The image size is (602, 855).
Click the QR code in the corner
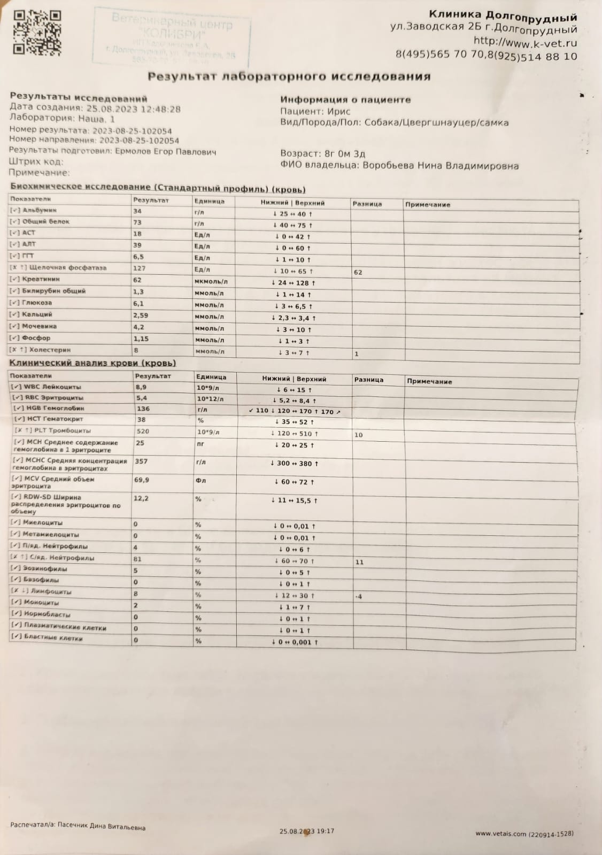(36, 33)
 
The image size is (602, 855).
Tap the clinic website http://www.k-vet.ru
(525, 42)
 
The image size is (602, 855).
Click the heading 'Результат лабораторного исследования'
(289, 76)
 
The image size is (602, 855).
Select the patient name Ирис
(339, 111)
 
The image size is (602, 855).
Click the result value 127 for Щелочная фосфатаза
(140, 268)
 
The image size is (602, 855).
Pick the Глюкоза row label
(37, 303)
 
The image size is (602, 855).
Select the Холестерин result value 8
(136, 350)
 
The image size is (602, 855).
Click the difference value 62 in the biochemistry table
(358, 272)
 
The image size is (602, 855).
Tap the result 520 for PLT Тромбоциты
(143, 431)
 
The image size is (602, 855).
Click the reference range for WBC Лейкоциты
(294, 390)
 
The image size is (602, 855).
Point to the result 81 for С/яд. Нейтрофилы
(138, 559)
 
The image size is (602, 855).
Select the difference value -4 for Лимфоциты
(358, 596)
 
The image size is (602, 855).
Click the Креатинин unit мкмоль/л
(211, 282)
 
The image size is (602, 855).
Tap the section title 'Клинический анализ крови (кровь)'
(92, 363)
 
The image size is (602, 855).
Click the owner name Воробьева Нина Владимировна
(441, 166)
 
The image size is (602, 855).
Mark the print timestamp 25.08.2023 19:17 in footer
(307, 831)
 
